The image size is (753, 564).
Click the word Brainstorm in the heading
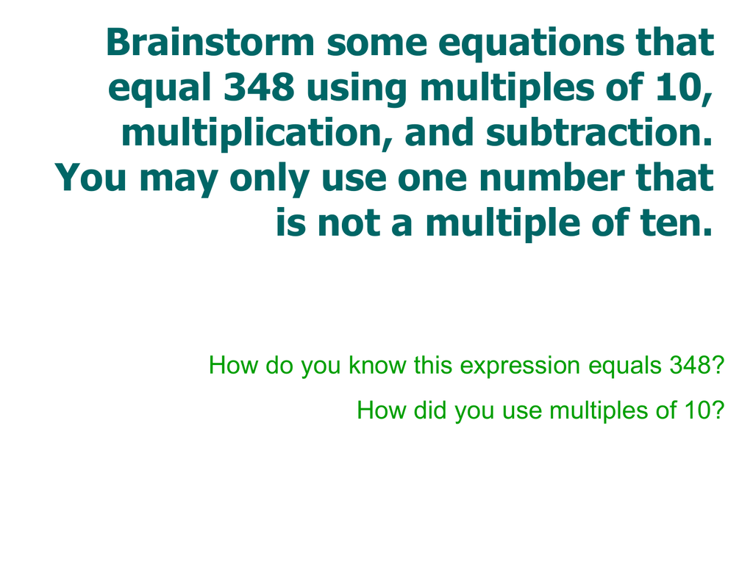point(210,42)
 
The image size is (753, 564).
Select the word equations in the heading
point(531,44)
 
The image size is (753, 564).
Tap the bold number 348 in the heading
point(260,87)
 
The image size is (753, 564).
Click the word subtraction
point(599,132)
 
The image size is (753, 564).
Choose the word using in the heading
point(357,90)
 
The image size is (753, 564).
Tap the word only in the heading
point(269,179)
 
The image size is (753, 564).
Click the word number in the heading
point(552,177)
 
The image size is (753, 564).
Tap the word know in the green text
point(377,365)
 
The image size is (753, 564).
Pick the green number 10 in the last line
point(699,411)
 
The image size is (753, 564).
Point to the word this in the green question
point(432,365)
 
